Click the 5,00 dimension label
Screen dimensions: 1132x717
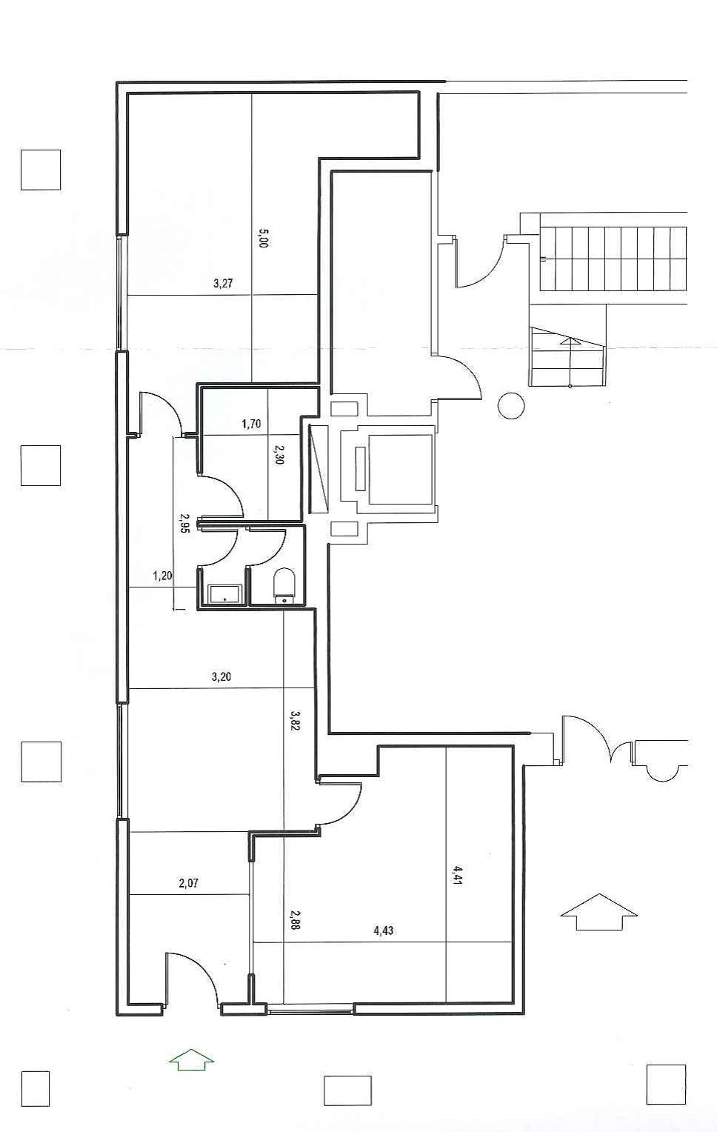pyautogui.click(x=262, y=239)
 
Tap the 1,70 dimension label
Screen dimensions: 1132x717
pyautogui.click(x=251, y=424)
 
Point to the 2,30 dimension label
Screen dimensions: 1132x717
pyautogui.click(x=279, y=454)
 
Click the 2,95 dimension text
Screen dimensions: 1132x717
pyautogui.click(x=184, y=524)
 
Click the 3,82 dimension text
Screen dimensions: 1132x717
pyautogui.click(x=295, y=720)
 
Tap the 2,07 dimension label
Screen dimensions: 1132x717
pyautogui.click(x=189, y=882)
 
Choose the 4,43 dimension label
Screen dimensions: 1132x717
pyautogui.click(x=383, y=930)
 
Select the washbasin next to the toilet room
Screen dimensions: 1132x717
pyautogui.click(x=224, y=593)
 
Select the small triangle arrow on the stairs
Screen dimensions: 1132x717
pyautogui.click(x=570, y=342)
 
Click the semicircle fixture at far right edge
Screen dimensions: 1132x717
pyautogui.click(x=662, y=771)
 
